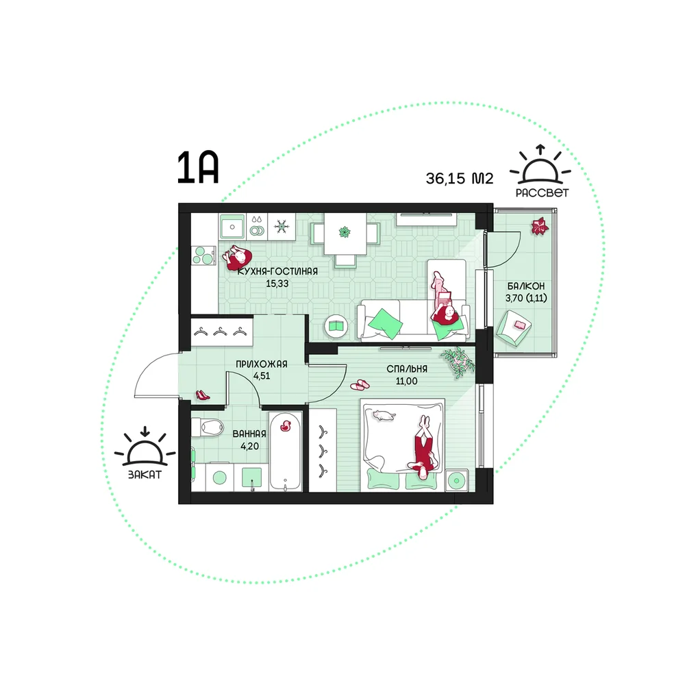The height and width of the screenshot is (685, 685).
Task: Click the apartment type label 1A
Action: pos(197,168)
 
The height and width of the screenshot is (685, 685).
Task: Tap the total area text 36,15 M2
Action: pos(460,178)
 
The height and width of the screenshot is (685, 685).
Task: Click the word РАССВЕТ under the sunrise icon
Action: pos(542,192)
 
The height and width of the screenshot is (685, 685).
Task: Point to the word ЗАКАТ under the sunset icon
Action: pos(145,475)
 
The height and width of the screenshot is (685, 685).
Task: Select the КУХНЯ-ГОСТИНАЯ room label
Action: pos(277,271)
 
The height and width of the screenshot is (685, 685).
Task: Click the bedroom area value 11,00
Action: pos(406,381)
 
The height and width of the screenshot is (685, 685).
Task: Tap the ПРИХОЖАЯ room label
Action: pos(262,364)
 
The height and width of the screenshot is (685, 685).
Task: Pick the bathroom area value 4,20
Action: pos(249,446)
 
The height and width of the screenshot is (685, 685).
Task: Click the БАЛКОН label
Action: pos(526,286)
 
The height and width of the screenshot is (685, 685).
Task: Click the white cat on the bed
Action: pos(383,415)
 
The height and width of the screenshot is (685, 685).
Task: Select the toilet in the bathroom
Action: pos(207,427)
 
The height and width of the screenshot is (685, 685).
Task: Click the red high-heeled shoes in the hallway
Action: pos(203,395)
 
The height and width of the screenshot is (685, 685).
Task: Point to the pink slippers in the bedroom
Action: pos(360,385)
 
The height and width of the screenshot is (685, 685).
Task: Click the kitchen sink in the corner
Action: pos(232,227)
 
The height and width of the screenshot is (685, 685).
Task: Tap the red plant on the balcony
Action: pos(540,226)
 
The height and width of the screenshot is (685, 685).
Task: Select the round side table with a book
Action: pos(336,326)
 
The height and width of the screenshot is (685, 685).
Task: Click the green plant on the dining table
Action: pos(345,232)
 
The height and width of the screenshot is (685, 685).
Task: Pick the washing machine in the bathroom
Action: pos(219,477)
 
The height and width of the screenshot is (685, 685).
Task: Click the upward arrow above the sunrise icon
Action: pos(541,150)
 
